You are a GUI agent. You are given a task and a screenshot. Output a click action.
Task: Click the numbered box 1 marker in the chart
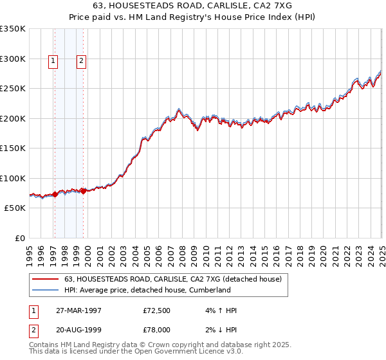53,62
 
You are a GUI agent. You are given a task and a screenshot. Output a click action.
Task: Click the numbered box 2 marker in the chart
82,62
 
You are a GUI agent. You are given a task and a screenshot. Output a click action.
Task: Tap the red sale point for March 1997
55,195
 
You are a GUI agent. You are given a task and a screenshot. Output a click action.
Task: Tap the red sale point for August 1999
84,190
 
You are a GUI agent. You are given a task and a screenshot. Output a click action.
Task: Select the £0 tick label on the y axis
19,238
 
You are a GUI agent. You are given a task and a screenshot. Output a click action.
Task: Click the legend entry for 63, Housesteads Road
173,279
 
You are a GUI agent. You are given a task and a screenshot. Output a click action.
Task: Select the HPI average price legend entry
147,290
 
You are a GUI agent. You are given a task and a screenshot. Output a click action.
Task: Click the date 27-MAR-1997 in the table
78,311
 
